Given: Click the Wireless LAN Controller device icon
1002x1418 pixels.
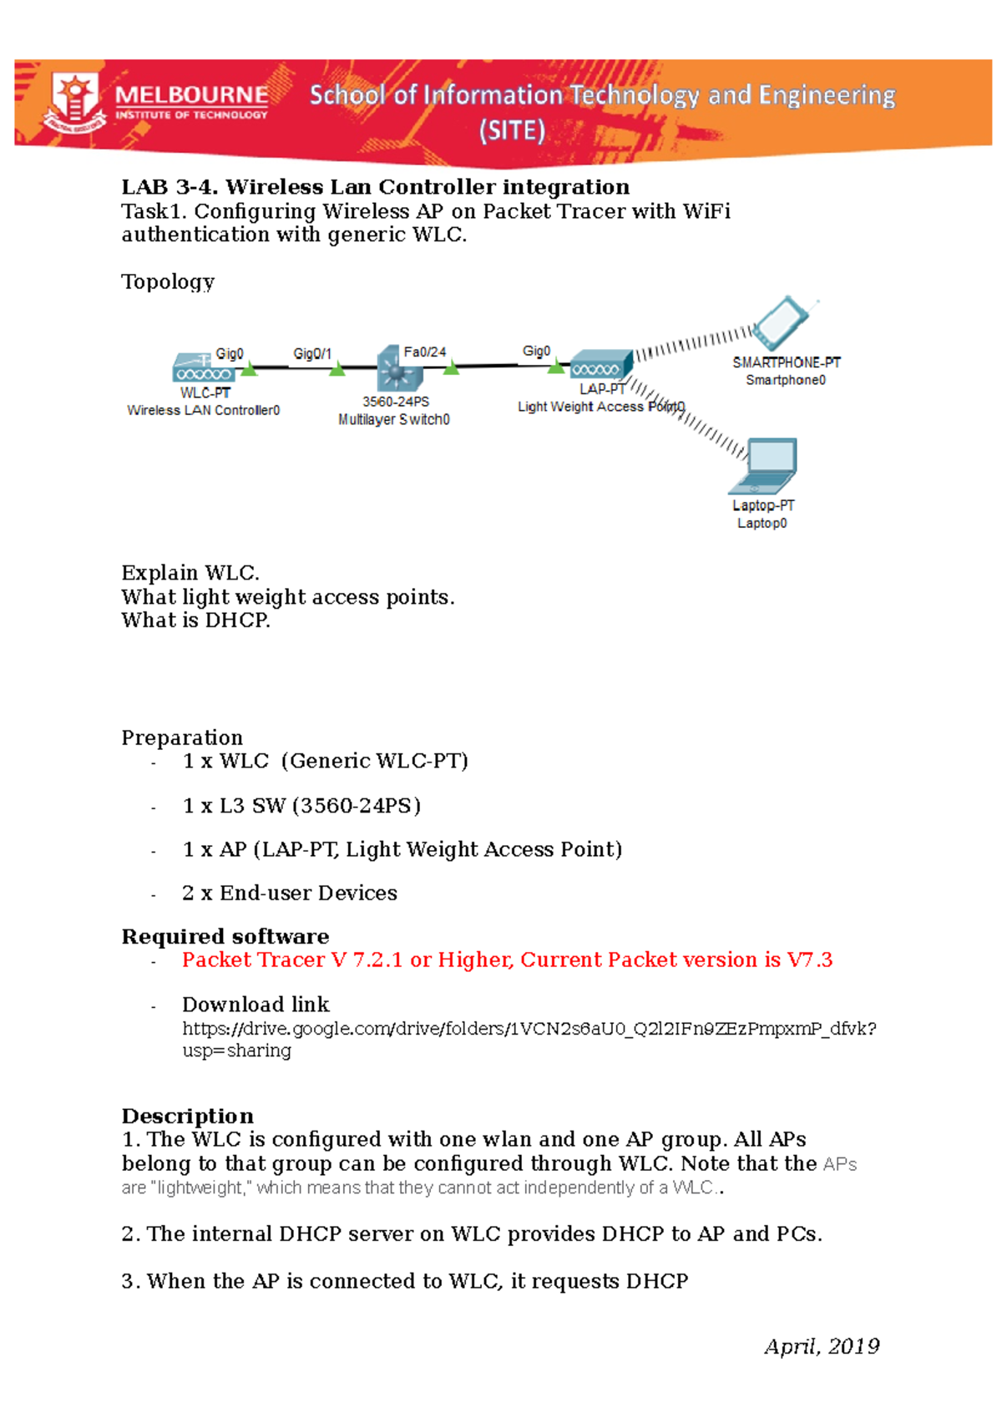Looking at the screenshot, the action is coord(204,368).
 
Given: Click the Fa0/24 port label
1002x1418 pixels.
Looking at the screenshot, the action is coord(425,352).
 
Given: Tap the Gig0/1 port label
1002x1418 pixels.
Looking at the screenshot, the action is coord(312,354).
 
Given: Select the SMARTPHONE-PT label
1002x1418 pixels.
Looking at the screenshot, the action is coord(786,362).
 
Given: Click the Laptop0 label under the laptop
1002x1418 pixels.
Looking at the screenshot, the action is coord(762,524).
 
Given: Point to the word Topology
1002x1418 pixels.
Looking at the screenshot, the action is coord(168,281).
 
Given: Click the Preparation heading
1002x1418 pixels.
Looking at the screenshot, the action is coord(182,737).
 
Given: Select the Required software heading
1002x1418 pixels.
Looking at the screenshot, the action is coord(225,936).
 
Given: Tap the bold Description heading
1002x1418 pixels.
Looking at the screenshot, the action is coord(187,1117).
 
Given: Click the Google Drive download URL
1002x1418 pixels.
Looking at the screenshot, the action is coord(529,1029).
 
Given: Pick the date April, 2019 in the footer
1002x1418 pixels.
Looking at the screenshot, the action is coord(822,1346).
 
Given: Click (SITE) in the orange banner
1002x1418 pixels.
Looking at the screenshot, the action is coord(512,130).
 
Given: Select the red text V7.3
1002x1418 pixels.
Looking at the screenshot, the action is coord(809,960).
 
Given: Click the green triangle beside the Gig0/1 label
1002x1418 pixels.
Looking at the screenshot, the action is coord(337,369).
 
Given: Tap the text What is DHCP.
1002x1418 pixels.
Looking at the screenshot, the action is coord(195,620).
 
